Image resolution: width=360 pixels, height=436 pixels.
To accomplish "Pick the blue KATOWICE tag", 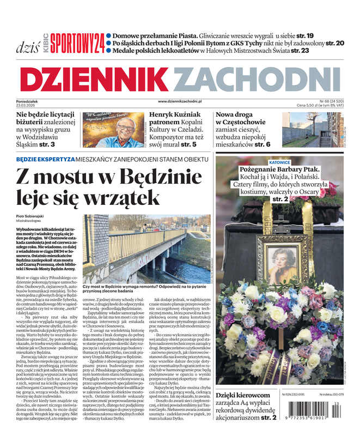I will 279,162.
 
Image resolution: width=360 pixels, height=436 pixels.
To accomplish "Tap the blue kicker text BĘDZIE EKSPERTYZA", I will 45,159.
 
